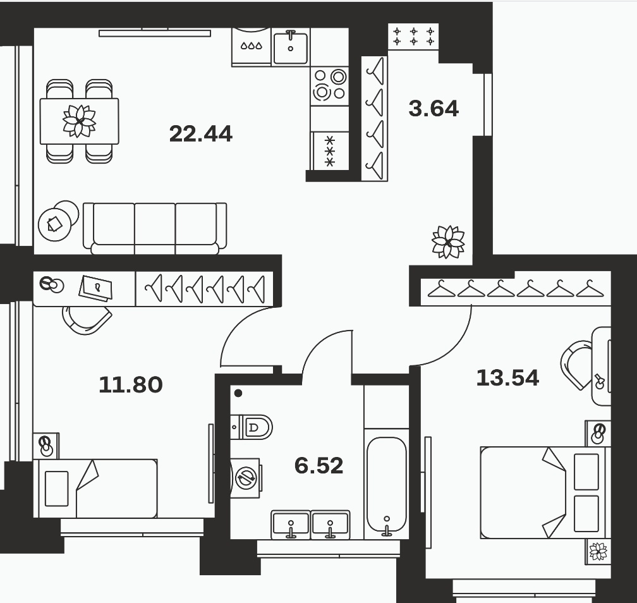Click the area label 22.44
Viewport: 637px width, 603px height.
201,134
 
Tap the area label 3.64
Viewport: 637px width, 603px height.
434,109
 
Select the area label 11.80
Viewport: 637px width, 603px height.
130,384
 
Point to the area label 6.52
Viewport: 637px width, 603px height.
319,466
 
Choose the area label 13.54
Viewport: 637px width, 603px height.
507,377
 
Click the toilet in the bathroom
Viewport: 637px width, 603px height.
251,427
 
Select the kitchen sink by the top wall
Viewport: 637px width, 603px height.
291,47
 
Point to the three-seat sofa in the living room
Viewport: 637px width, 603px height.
155,228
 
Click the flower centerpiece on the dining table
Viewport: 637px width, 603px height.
79,121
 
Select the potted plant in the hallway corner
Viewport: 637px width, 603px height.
448,241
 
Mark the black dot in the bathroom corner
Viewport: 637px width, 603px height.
238,393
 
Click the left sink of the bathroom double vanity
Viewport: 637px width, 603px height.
291,525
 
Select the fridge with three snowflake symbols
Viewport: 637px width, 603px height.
330,150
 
